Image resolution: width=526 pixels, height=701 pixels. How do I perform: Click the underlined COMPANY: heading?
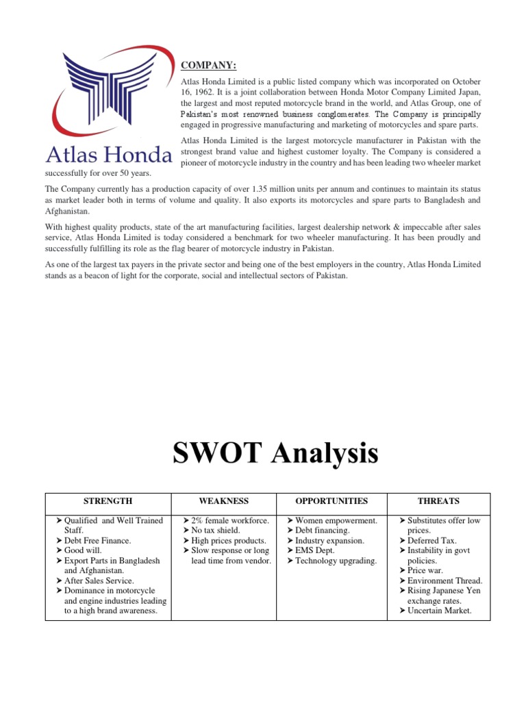[x=208, y=65]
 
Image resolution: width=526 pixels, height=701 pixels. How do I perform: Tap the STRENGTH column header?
[x=108, y=501]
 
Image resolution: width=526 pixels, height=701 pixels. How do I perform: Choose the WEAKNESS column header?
[x=223, y=501]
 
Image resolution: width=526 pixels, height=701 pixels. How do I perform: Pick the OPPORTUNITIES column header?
[x=331, y=501]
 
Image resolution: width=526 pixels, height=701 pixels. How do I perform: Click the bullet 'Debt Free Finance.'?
[x=97, y=541]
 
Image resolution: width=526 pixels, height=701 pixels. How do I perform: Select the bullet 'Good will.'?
[x=88, y=550]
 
